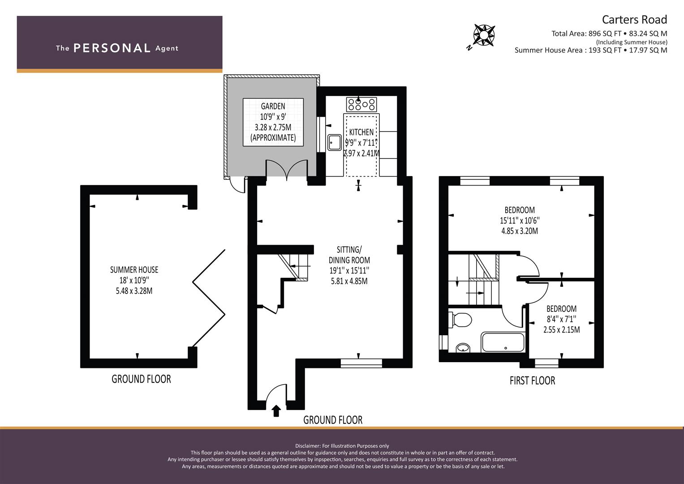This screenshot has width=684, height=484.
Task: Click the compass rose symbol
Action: (x=484, y=35)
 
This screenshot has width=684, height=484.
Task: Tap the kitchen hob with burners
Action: (x=361, y=104)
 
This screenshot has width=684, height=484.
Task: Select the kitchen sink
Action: (x=334, y=142)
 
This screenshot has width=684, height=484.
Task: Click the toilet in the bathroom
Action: (x=460, y=320)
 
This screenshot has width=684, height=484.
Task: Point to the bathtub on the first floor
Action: (x=503, y=342)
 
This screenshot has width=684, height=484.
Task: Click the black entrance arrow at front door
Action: (x=276, y=410)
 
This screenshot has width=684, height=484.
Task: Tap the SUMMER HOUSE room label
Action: (x=134, y=280)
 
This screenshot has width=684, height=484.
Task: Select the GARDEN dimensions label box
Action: (x=273, y=122)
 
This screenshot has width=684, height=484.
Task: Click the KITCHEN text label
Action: (x=361, y=132)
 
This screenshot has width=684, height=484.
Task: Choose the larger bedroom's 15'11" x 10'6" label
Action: (x=520, y=220)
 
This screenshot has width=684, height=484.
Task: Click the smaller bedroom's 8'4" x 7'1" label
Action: (x=561, y=319)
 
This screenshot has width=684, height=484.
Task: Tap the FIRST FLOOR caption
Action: (x=532, y=380)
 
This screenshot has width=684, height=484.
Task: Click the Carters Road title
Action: (x=634, y=20)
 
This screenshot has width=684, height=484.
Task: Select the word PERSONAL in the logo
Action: (x=112, y=48)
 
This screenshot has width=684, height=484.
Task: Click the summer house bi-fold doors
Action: (x=209, y=298)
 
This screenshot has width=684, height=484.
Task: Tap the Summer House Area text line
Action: (x=590, y=50)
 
